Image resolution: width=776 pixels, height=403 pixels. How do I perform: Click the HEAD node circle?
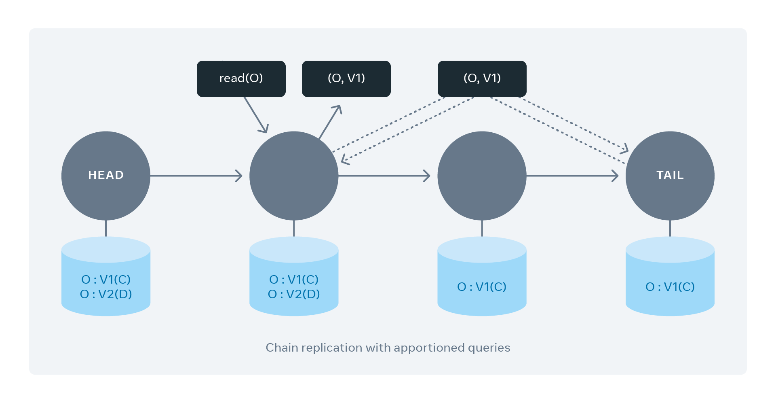click(105, 175)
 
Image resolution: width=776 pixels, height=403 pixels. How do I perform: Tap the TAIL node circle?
click(670, 175)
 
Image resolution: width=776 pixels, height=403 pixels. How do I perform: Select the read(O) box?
click(241, 78)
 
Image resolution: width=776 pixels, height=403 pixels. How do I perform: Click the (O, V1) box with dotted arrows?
click(482, 78)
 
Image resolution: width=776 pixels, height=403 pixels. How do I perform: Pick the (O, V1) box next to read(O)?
click(346, 78)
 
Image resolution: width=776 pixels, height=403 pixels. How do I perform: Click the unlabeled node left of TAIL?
click(482, 175)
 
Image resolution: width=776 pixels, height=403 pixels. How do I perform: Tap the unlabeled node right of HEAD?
click(294, 175)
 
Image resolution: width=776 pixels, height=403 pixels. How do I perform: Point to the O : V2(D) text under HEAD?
click(106, 294)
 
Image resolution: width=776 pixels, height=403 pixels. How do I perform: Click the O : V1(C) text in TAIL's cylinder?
click(670, 287)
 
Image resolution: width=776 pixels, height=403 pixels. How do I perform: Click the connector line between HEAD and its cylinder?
click(106, 229)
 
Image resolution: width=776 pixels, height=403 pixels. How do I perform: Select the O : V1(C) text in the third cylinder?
click(482, 287)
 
